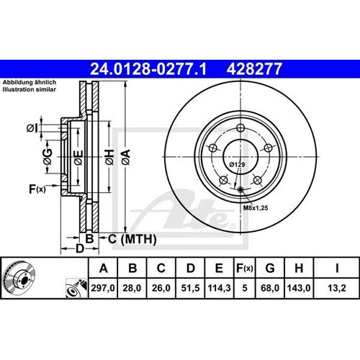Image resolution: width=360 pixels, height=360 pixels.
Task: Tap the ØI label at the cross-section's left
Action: [x=32, y=128]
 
